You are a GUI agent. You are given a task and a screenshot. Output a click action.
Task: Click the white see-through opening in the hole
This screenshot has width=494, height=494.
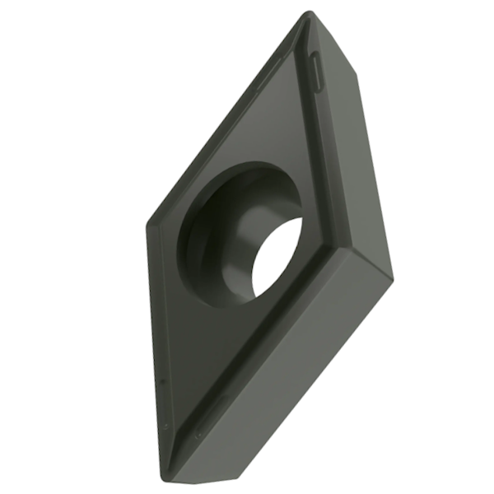pyautogui.click(x=277, y=257)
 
